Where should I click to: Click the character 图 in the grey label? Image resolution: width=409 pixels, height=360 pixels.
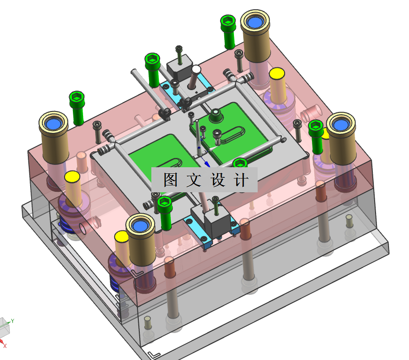171,180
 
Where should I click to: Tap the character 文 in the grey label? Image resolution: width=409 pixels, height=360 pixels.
194,180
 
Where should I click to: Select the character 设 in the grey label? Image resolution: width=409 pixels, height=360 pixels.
218,180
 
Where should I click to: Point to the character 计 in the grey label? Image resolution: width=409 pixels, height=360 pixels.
241,180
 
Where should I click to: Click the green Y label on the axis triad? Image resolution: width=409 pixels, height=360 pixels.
12,321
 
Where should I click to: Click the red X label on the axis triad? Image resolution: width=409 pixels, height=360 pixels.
5,346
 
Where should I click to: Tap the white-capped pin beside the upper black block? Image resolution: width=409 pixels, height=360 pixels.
196,70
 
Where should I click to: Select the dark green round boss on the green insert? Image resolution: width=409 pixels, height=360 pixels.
216,116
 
